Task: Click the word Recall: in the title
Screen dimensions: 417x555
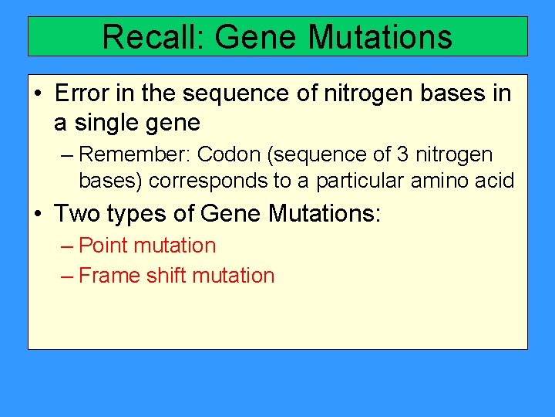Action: point(152,37)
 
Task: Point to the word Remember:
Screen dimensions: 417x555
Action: point(136,154)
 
